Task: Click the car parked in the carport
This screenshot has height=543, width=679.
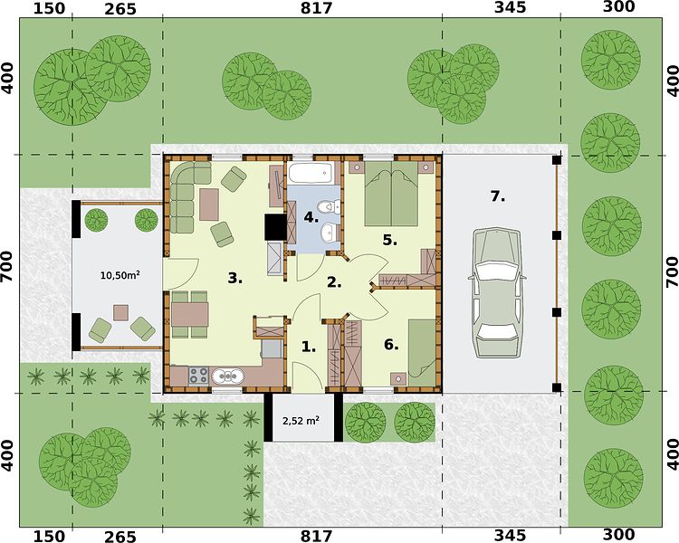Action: pyautogui.click(x=498, y=293)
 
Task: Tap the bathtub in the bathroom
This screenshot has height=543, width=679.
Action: pyautogui.click(x=311, y=173)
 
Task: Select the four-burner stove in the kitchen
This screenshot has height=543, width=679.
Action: pyautogui.click(x=199, y=375)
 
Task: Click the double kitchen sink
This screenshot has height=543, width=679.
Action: pyautogui.click(x=227, y=376)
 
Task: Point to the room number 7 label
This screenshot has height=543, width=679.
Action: pyautogui.click(x=498, y=196)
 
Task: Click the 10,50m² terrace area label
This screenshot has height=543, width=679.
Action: pyautogui.click(x=120, y=275)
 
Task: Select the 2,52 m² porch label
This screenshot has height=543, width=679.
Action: pyautogui.click(x=301, y=420)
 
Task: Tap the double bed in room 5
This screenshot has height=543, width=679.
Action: pyautogui.click(x=391, y=194)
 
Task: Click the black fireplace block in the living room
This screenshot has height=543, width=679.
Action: pyautogui.click(x=276, y=227)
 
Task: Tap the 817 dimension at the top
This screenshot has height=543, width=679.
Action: pyautogui.click(x=317, y=8)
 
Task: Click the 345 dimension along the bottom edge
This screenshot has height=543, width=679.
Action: pyautogui.click(x=510, y=536)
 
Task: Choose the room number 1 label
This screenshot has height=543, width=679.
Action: pyautogui.click(x=308, y=347)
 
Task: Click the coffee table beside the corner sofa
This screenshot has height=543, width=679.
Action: pyautogui.click(x=209, y=205)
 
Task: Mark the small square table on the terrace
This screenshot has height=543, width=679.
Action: pyautogui.click(x=120, y=312)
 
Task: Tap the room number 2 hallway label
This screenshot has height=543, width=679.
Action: pyautogui.click(x=334, y=282)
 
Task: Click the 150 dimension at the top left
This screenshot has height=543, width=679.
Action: pyautogui.click(x=49, y=8)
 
